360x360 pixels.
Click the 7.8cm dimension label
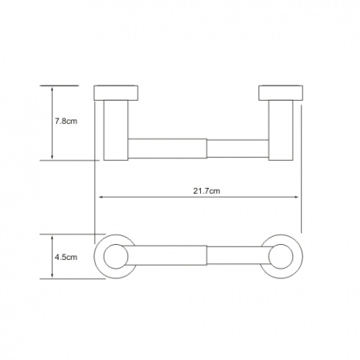click(66, 122)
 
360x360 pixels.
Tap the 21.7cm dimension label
click(206, 191)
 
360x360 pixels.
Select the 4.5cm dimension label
click(66, 258)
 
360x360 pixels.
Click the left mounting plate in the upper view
click(116, 93)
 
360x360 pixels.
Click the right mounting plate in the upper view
click(281, 93)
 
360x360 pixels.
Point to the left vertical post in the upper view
click(116, 130)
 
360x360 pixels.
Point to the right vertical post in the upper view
click(281, 130)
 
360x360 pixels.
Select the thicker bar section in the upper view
click(167, 149)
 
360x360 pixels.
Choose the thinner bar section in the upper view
click(238, 149)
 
